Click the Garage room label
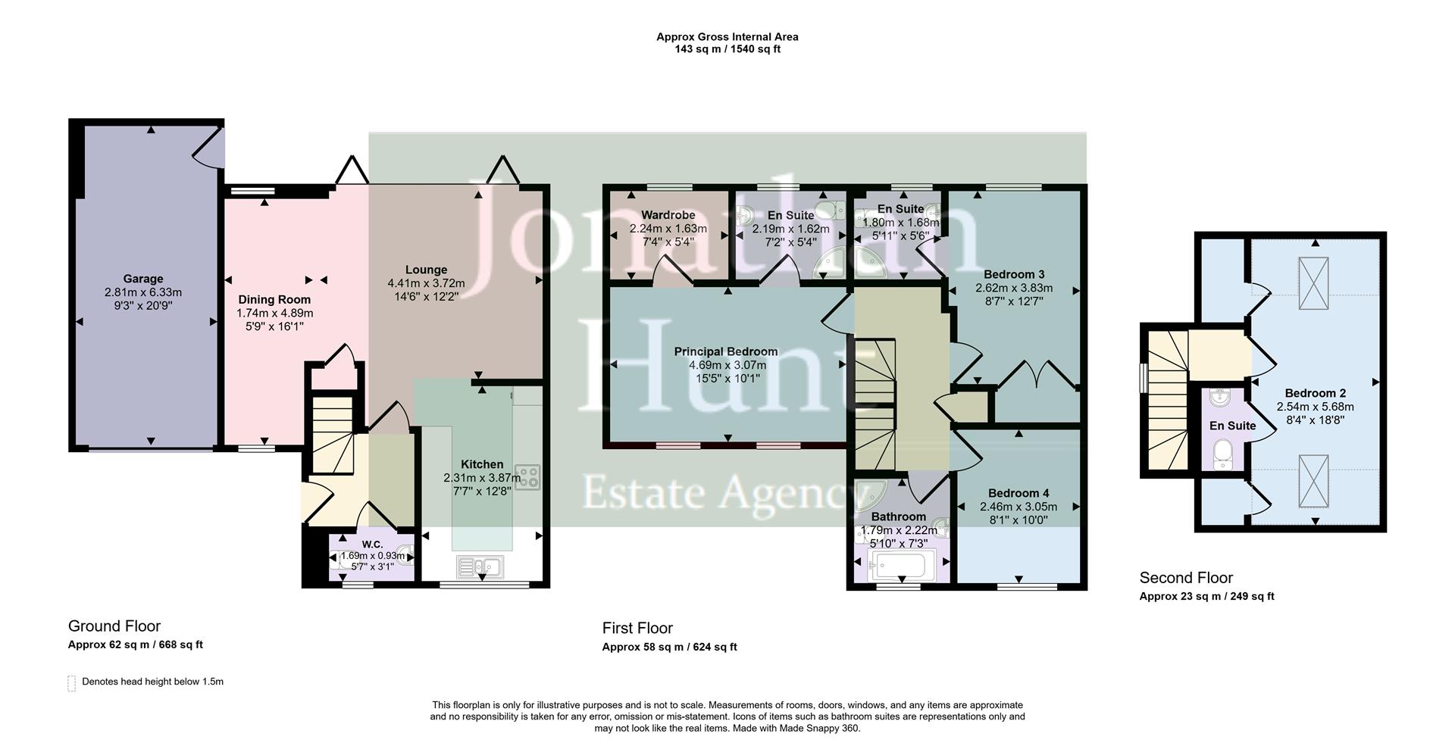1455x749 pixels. (143, 279)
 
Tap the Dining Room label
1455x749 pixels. (274, 300)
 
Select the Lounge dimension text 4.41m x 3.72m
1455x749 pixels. (426, 283)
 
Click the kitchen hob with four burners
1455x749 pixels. (527, 476)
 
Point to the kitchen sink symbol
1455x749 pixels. (480, 566)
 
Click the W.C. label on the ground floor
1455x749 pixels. (372, 545)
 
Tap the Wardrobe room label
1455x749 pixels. (668, 215)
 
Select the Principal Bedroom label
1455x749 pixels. (726, 351)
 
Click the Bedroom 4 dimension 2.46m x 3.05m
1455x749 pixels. (1018, 507)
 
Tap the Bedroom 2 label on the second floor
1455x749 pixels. (1315, 393)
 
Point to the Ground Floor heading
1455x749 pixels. (114, 626)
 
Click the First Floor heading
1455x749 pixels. (637, 628)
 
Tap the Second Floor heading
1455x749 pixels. (1186, 578)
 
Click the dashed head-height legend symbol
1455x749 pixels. (72, 683)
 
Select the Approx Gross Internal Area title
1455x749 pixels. (727, 36)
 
